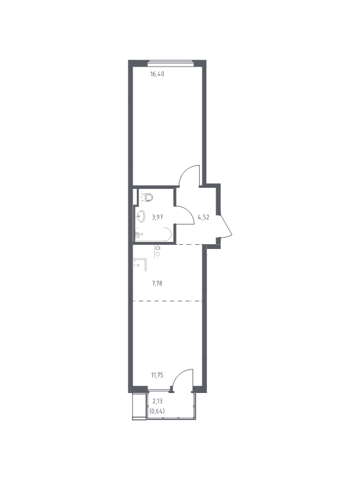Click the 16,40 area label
point(157,74)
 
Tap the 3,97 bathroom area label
point(157,217)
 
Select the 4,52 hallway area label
point(203,217)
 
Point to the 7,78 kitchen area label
point(157,283)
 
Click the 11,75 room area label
point(157,376)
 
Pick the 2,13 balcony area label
point(157,401)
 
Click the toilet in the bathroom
point(147,197)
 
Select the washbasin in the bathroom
point(140,216)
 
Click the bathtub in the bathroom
point(154,234)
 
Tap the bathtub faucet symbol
point(139,235)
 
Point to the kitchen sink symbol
point(140,265)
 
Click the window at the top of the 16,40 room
point(171,64)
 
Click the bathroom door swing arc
point(188,211)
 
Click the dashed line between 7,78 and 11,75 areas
point(167,301)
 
